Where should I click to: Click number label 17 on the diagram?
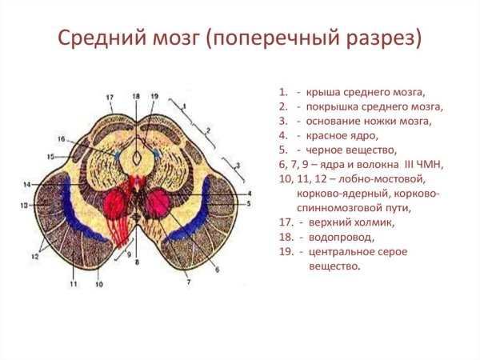pyautogui.click(x=110, y=98)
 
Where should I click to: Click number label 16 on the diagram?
pyautogui.click(x=61, y=139)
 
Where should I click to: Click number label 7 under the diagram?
pyautogui.click(x=188, y=282)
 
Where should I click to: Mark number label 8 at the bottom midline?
pyautogui.click(x=137, y=262)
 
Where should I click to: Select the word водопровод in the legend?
pyautogui.click(x=340, y=238)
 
